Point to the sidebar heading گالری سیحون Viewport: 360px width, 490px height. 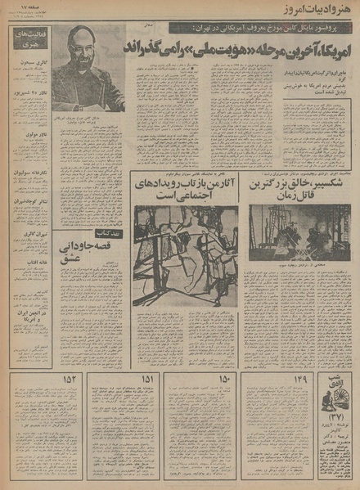point(32,62)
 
